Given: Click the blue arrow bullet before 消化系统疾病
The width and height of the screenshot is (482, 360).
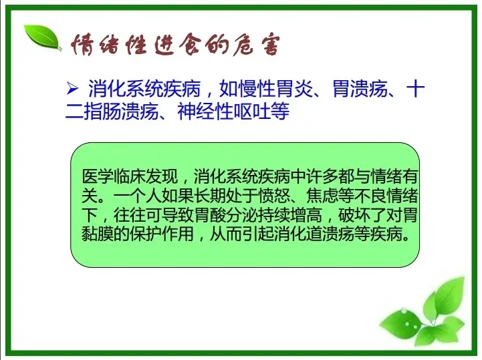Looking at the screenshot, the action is coord(72,89).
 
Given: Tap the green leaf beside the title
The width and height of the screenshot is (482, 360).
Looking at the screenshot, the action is coord(43,37).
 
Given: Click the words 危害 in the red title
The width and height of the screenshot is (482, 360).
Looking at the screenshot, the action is coord(256,46).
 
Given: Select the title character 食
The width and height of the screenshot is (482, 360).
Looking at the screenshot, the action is coord(189,46).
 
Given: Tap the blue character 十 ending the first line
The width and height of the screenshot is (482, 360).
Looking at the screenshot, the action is coord(415,89).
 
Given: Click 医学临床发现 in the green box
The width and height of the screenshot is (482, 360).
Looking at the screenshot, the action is coord(130,176).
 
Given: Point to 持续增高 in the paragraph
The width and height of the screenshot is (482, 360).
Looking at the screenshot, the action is coord(290,215).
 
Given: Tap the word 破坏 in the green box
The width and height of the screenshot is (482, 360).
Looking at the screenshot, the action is coord(354,215).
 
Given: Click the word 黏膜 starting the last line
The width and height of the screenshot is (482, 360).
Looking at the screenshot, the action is coord(98,234).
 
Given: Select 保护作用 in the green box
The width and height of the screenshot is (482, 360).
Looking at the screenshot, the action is coord(162,234).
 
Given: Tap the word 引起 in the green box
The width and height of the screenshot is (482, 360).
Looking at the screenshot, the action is coord(258,234).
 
